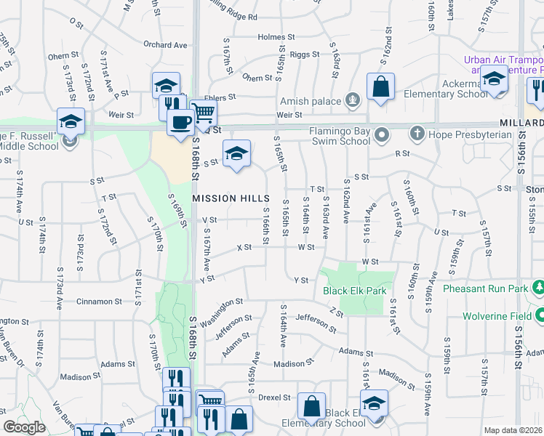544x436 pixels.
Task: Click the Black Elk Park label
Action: coord(355,291)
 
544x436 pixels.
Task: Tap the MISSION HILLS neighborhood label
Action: coord(231,198)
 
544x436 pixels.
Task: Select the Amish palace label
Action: coord(313,99)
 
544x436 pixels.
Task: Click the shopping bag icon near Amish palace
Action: coord(380,87)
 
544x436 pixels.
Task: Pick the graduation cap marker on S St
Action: coord(236,153)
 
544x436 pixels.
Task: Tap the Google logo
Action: coord(24,427)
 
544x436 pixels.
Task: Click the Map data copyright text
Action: coord(513,430)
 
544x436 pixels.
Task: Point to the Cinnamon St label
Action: coord(97,301)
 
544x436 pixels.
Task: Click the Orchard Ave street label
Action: coord(165,45)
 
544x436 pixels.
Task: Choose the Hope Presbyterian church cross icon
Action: coord(417,134)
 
